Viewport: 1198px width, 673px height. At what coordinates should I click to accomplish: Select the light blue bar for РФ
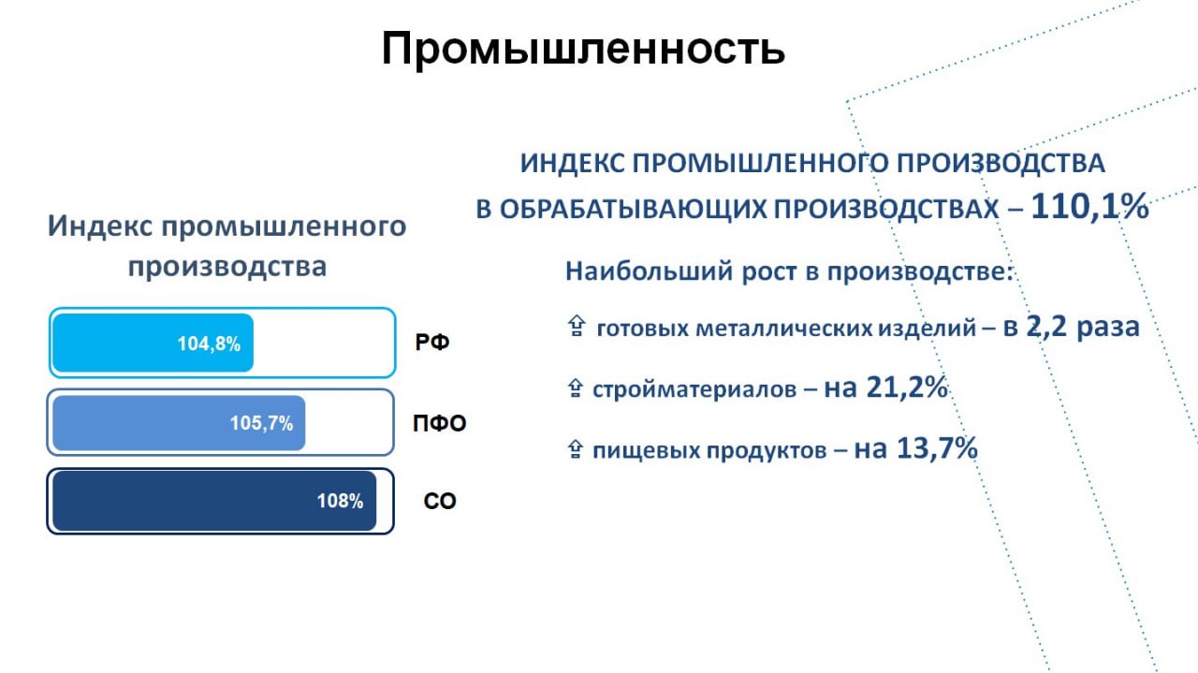(153, 343)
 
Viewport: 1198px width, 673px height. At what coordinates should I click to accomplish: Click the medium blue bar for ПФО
(179, 423)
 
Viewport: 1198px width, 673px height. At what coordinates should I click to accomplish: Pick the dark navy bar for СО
(214, 501)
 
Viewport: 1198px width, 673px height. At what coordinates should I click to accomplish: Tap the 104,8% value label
(209, 344)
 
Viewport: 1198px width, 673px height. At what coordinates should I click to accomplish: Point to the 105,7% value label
(261, 423)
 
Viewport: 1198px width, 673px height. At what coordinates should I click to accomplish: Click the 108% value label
(340, 501)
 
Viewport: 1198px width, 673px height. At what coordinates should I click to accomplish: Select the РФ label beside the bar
(432, 342)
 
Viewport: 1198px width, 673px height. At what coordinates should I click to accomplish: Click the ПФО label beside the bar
(440, 423)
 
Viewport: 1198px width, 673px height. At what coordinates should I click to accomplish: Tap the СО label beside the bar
(440, 502)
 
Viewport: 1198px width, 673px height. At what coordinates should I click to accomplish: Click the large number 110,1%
(1089, 207)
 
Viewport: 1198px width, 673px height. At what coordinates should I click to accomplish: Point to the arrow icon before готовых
(576, 326)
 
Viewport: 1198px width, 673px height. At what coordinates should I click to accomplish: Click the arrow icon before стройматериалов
(575, 388)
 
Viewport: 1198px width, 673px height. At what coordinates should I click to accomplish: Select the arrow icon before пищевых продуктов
(575, 449)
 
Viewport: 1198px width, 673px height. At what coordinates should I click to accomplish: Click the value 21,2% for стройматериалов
(907, 387)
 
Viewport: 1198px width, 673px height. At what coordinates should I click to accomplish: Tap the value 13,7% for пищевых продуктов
(937, 447)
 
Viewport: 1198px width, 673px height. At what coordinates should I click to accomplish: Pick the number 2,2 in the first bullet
(1046, 327)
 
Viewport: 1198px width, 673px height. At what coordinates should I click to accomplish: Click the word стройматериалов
(694, 389)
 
